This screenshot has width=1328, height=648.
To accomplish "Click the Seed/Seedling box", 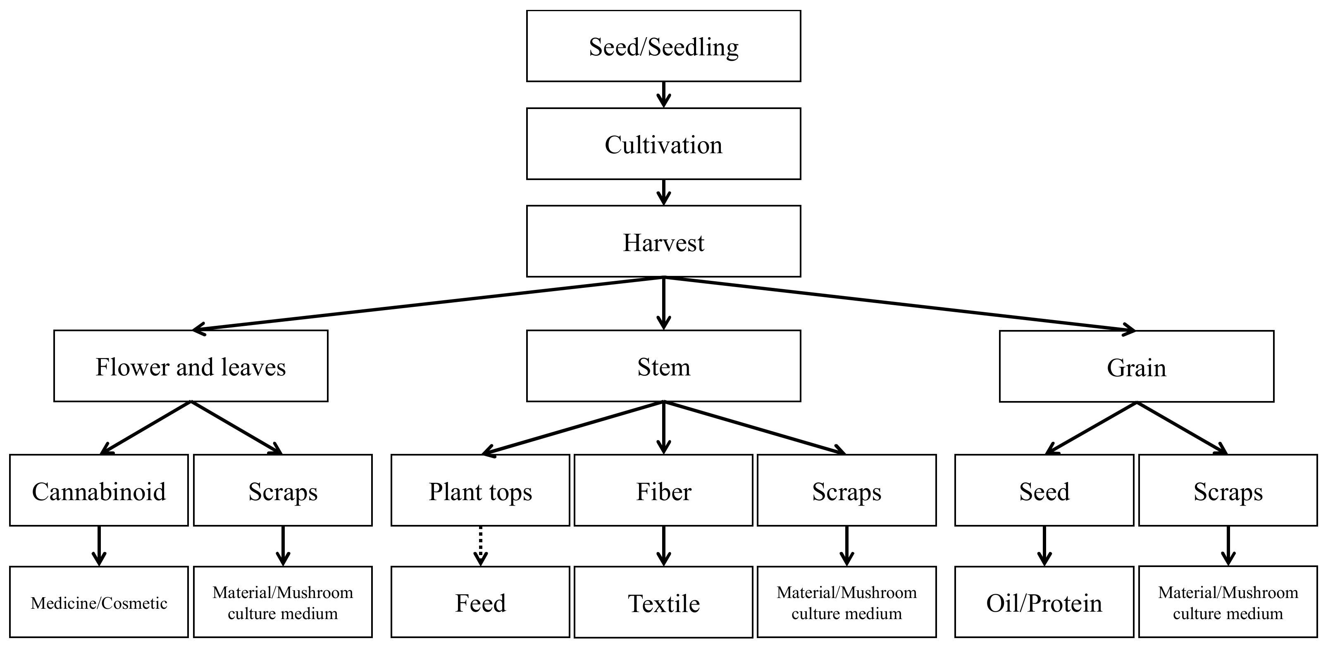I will (x=663, y=46).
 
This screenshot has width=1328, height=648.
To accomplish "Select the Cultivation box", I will (x=663, y=144).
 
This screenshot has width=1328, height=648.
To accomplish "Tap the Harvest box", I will (x=663, y=242).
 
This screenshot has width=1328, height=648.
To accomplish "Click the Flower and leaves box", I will (x=191, y=366).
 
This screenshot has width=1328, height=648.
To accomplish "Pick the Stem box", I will (x=663, y=366).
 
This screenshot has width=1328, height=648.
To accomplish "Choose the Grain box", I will (x=1136, y=367).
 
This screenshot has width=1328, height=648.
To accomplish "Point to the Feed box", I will (x=480, y=602).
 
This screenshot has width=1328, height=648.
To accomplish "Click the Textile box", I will (x=663, y=603).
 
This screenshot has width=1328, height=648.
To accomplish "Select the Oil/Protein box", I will (x=1044, y=602).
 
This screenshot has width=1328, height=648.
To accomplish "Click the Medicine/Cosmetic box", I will (x=99, y=602).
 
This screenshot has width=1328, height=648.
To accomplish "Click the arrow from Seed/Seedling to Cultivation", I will (x=664, y=95).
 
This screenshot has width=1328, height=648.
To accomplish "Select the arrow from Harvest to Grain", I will (x=902, y=304).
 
